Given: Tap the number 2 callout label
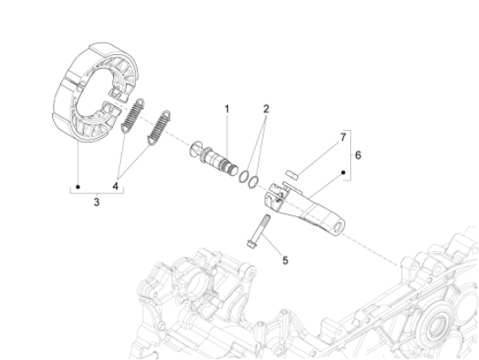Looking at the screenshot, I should click(241, 109).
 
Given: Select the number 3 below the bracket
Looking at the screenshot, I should click(96, 202).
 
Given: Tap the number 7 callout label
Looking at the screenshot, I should click(342, 137).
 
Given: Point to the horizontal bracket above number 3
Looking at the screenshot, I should click(96, 187).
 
